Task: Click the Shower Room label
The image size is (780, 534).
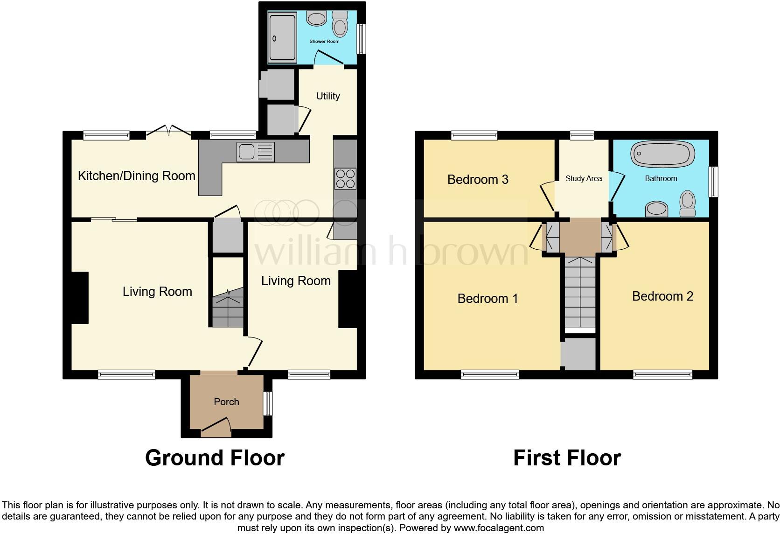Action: click(324, 42)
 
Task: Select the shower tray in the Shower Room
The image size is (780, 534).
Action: click(282, 38)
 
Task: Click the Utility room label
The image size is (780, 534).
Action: click(328, 96)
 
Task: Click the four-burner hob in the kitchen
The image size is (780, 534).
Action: click(345, 178)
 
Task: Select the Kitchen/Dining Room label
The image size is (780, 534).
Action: click(136, 176)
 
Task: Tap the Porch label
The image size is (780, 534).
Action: click(226, 402)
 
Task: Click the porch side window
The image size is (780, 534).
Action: click(268, 403)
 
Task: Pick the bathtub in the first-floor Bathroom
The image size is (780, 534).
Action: click(662, 154)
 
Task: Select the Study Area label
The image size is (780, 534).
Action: click(584, 178)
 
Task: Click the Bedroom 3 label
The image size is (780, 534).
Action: click(478, 180)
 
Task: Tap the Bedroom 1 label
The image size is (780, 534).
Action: click(487, 299)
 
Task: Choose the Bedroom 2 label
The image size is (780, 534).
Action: click(662, 296)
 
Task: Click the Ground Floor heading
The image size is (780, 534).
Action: click(215, 458)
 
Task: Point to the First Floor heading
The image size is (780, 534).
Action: click(567, 458)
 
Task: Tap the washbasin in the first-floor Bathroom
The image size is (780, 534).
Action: click(656, 210)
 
